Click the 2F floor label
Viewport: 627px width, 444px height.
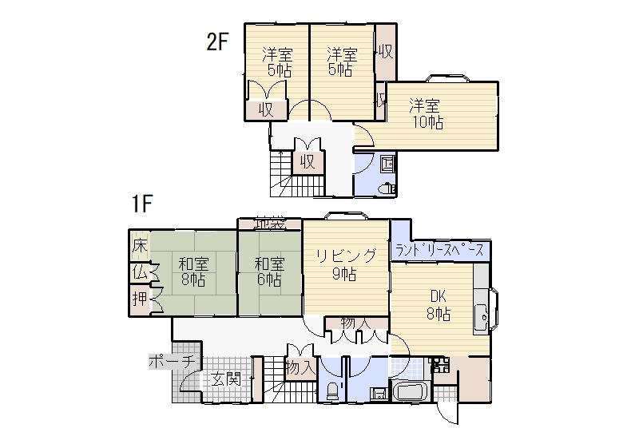tap(218, 42)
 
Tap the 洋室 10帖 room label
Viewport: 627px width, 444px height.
tap(427, 113)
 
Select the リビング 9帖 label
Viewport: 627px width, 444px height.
tap(345, 264)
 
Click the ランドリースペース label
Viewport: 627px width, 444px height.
tap(440, 251)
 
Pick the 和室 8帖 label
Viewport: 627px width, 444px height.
tap(193, 272)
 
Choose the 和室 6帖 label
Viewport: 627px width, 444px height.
tap(268, 272)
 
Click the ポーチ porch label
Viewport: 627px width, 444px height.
tap(172, 361)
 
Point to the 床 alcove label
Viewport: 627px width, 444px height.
tap(141, 245)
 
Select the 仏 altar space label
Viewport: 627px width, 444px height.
tap(141, 272)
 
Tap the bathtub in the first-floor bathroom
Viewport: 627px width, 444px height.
tap(411, 394)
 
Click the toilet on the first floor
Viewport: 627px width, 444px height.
tap(332, 391)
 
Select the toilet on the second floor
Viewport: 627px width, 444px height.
tap(387, 188)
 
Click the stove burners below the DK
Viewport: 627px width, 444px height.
tap(440, 367)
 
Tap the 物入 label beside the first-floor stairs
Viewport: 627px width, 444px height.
tap(299, 368)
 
